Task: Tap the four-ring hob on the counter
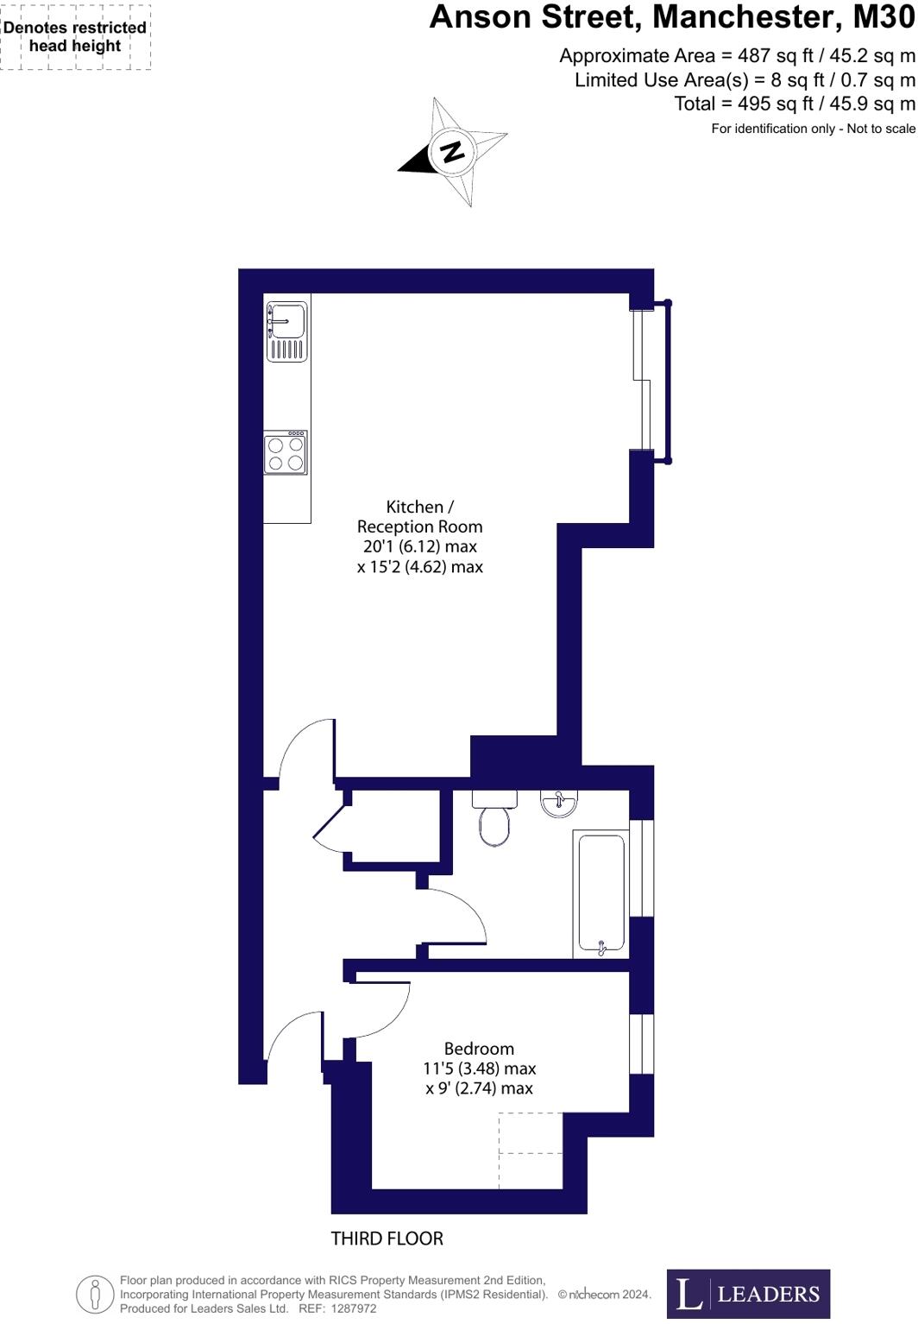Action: [x=286, y=453]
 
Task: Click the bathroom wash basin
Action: [x=559, y=804]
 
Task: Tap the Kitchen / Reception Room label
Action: [x=419, y=536]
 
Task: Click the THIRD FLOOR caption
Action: [x=387, y=1239]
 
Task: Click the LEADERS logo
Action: [x=748, y=1293]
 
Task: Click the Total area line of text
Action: [x=794, y=104]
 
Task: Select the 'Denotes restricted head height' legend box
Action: [x=75, y=37]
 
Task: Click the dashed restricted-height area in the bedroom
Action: [x=531, y=1150]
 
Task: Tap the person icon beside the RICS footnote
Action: [x=95, y=1294]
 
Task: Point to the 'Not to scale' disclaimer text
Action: [x=881, y=129]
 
